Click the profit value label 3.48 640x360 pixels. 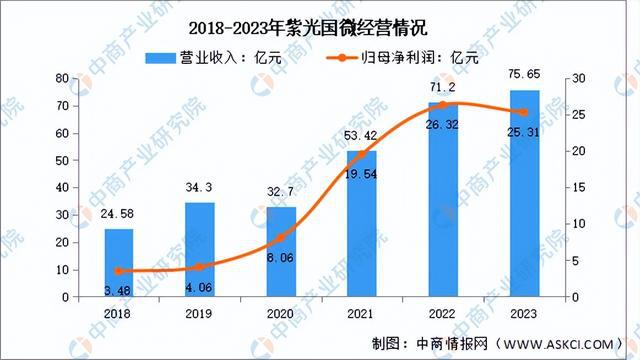click(x=119, y=290)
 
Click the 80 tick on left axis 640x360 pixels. click(x=61, y=78)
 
